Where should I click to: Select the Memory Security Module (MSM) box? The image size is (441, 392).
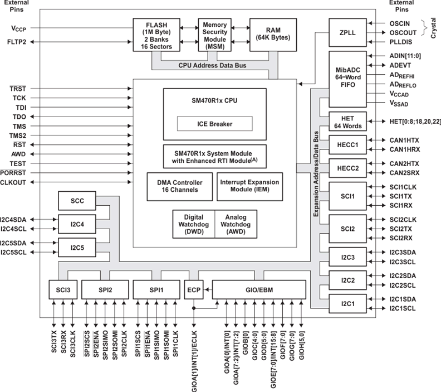pyautogui.click(x=214, y=35)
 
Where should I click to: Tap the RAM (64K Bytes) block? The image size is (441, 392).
pyautogui.click(x=273, y=35)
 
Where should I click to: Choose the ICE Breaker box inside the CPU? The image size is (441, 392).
pyautogui.click(x=214, y=123)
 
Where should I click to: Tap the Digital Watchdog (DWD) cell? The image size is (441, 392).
pyautogui.click(x=193, y=224)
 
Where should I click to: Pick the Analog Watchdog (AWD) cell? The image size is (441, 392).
pyautogui.click(x=236, y=224)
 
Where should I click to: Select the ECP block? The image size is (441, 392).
pyautogui.click(x=193, y=290)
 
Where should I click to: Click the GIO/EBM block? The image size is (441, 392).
pyautogui.click(x=259, y=290)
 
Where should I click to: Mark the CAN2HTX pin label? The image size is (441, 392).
pyautogui.click(x=405, y=163)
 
